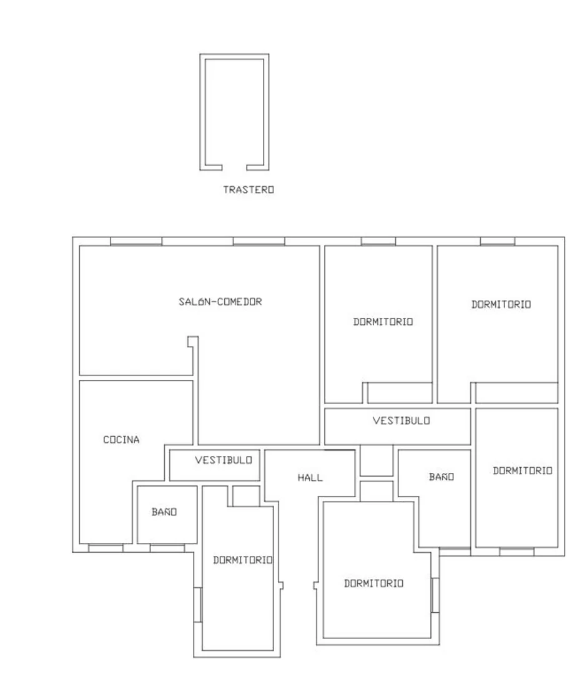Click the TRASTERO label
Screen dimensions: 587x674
pos(249,189)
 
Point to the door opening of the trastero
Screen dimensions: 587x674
pos(234,167)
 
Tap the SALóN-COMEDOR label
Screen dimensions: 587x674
pos(220,302)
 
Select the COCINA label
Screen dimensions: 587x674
pos(121,439)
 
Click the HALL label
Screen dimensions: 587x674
pos(310,478)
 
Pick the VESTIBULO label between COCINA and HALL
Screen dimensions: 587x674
pos(224,460)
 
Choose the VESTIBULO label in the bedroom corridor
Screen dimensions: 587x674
pos(401,420)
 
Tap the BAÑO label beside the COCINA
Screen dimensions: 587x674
pos(164,512)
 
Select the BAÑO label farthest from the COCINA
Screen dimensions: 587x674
pos(441,477)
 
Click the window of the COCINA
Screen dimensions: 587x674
pos(106,548)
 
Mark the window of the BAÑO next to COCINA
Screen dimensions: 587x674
pos(167,548)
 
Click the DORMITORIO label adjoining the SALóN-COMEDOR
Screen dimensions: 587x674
pos(383,322)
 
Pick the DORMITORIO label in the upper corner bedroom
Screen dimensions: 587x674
pos(501,305)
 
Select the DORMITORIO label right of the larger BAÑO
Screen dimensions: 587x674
pos(522,471)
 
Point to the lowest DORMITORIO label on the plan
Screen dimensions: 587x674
pos(373,583)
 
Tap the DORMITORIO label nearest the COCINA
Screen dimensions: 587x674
pos(243,560)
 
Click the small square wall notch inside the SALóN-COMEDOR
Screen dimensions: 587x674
pos(192,342)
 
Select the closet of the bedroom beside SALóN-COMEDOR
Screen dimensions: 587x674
pos(400,393)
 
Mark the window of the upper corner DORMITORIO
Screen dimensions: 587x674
pos(497,241)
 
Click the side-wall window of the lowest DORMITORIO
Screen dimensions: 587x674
pos(435,595)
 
